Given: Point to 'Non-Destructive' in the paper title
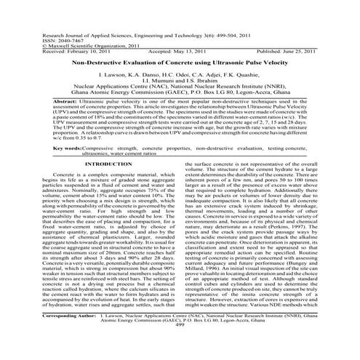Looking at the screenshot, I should (103, 64).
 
